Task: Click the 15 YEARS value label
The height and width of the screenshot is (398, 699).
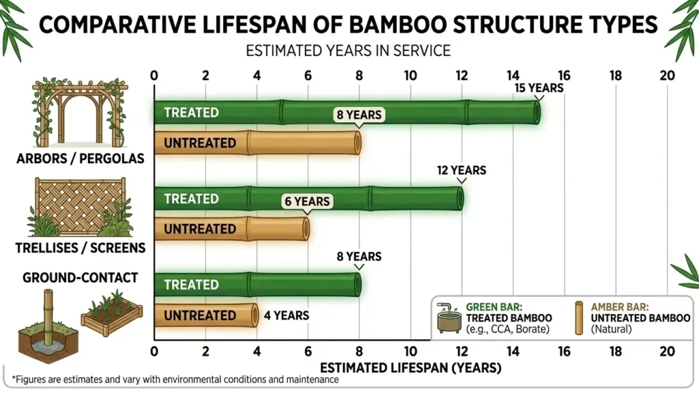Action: (x=539, y=88)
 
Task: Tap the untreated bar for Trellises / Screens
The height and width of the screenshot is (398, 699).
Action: (x=232, y=229)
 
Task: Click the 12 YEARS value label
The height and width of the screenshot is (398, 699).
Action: (x=462, y=170)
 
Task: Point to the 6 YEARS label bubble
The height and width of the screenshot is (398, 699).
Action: (x=306, y=201)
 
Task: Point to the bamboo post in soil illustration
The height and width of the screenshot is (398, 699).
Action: (x=48, y=324)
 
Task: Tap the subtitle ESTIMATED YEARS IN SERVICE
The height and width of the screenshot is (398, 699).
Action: (x=349, y=50)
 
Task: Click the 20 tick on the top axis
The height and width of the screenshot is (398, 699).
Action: (x=667, y=76)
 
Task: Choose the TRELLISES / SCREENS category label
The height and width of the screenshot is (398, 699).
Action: (x=81, y=248)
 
